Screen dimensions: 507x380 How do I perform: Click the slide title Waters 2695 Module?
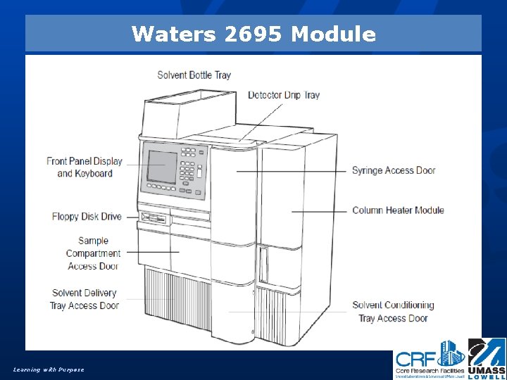pyautogui.click(x=254, y=34)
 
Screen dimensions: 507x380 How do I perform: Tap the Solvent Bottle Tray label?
pyautogui.click(x=194, y=75)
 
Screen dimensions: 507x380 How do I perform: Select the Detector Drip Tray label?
pyautogui.click(x=283, y=95)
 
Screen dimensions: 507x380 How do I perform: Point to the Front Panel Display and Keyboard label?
pyautogui.click(x=84, y=167)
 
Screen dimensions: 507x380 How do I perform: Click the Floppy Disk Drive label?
pyautogui.click(x=87, y=217)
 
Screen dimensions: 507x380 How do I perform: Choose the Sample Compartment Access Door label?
pyautogui.click(x=93, y=253)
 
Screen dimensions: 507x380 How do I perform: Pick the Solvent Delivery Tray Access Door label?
pyautogui.click(x=84, y=299)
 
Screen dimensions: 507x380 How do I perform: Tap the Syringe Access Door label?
pyautogui.click(x=394, y=170)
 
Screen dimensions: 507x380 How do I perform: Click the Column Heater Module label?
pyautogui.click(x=398, y=210)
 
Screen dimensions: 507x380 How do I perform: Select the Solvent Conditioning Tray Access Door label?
pyautogui.click(x=393, y=312)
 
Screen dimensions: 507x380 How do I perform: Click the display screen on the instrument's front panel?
pyautogui.click(x=161, y=167)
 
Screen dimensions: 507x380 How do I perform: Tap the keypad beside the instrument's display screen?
pyautogui.click(x=189, y=169)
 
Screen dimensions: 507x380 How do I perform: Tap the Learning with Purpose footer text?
pyautogui.click(x=49, y=369)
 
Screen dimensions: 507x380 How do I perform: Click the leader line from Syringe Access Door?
pyautogui.click(x=292, y=171)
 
